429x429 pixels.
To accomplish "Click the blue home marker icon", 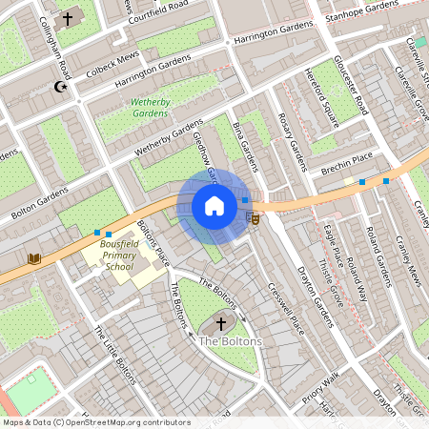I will (214, 206).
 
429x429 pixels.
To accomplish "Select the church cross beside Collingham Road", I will (68, 18).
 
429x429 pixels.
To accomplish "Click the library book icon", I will (34, 258).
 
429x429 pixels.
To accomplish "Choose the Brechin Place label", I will (346, 163).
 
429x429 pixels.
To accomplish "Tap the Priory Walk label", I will (321, 382).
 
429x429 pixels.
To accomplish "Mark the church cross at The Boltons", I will (221, 324).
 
